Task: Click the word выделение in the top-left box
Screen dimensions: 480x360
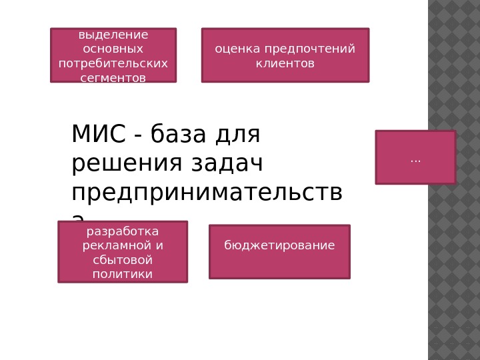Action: point(113,35)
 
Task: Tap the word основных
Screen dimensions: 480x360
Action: point(113,49)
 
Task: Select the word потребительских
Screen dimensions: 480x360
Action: point(113,64)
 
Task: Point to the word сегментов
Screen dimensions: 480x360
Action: point(113,78)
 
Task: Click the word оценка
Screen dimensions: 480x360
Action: point(238,49)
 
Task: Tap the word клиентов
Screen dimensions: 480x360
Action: point(285,64)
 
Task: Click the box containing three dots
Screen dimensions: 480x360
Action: point(415,157)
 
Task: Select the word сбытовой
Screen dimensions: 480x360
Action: point(123,260)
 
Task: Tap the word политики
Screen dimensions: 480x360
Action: point(123,275)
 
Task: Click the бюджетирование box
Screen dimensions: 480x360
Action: point(279,251)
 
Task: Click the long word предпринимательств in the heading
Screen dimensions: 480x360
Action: point(207,193)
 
